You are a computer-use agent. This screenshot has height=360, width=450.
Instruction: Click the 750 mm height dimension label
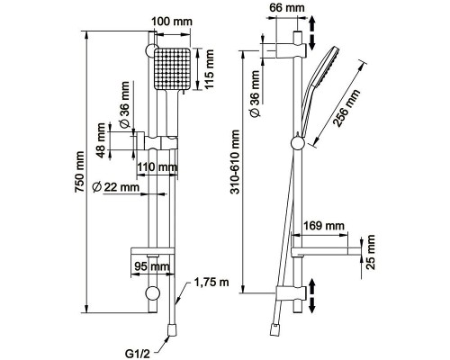click(x=79, y=172)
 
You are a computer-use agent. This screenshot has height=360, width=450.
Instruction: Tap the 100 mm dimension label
click(x=172, y=22)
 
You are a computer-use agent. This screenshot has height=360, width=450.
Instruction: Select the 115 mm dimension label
click(x=209, y=69)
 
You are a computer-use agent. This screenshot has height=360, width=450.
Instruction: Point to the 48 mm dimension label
click(x=101, y=140)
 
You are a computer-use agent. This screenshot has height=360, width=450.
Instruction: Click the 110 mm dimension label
click(x=157, y=166)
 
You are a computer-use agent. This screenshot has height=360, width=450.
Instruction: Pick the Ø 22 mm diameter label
click(x=116, y=187)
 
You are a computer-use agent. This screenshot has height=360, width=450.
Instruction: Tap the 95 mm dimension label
click(x=151, y=266)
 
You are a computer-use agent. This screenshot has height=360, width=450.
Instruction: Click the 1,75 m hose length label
click(x=211, y=282)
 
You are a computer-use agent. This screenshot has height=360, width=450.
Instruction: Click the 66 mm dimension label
click(x=287, y=7)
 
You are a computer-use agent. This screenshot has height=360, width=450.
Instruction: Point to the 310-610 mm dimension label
click(x=236, y=162)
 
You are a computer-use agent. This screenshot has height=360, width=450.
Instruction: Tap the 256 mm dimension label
click(x=346, y=108)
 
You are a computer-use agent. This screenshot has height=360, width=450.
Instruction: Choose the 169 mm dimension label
click(x=324, y=225)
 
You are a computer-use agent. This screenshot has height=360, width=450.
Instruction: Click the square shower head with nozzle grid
click(x=173, y=68)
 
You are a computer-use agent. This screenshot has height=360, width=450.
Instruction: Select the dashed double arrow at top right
click(x=311, y=33)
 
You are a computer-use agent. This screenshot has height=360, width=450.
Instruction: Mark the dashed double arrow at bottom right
click(x=311, y=296)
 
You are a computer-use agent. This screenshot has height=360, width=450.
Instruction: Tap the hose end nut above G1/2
click(x=172, y=329)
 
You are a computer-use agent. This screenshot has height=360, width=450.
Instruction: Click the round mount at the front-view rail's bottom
click(x=152, y=293)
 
